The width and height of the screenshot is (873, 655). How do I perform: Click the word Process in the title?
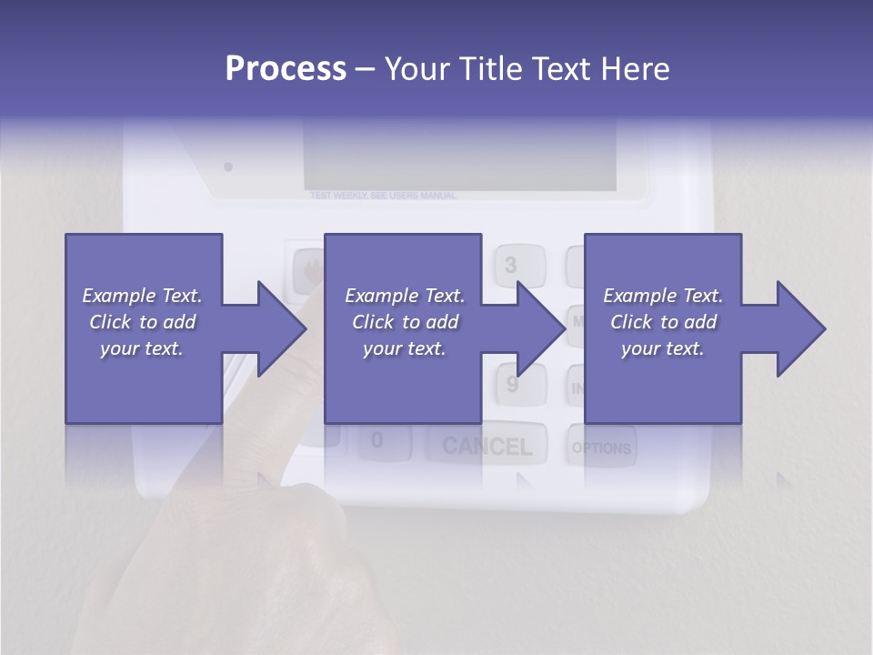click(x=286, y=69)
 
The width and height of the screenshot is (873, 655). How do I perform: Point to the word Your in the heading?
click(x=419, y=69)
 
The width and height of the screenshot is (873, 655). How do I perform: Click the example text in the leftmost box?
click(x=142, y=322)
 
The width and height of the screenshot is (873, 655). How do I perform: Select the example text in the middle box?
click(x=404, y=322)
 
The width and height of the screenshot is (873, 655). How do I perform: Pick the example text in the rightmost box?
click(x=663, y=322)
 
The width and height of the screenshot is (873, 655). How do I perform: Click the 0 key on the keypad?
click(x=377, y=441)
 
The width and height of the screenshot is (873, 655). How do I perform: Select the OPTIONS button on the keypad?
click(x=601, y=448)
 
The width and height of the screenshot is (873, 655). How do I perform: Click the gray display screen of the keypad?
click(x=459, y=159)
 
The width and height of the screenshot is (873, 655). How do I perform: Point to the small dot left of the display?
click(x=228, y=166)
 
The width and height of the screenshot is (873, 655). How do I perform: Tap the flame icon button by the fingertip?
click(x=308, y=269)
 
